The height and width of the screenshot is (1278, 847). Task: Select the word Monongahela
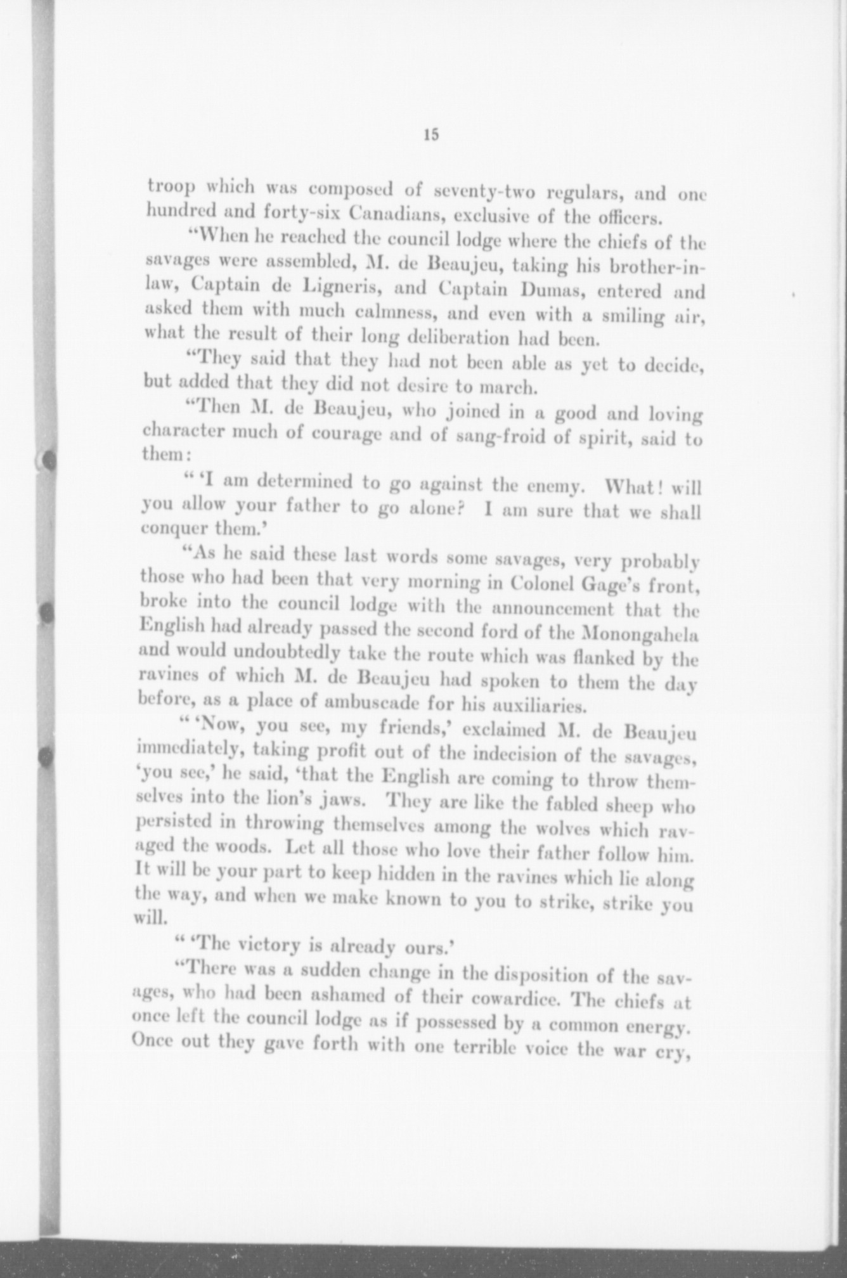coord(636,635)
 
